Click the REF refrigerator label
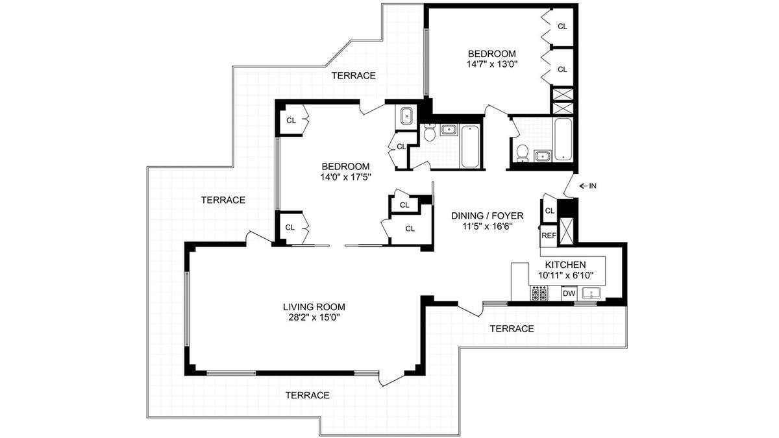coord(549,236)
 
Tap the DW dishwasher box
coord(569,293)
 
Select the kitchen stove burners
coord(539,293)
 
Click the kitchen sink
coord(592,293)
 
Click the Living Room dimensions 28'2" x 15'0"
coord(314,317)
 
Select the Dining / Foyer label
coord(488,216)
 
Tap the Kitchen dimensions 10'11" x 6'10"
coord(565,276)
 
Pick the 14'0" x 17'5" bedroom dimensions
coord(346,177)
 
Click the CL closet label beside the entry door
coord(549,210)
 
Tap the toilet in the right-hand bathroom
coord(523,154)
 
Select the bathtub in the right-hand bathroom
coord(563,139)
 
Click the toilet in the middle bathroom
coord(430,132)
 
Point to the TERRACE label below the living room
coord(308,395)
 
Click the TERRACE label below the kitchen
coord(512,328)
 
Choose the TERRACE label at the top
coord(353,75)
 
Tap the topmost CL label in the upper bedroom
coord(562,26)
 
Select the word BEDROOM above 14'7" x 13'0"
coord(492,54)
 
